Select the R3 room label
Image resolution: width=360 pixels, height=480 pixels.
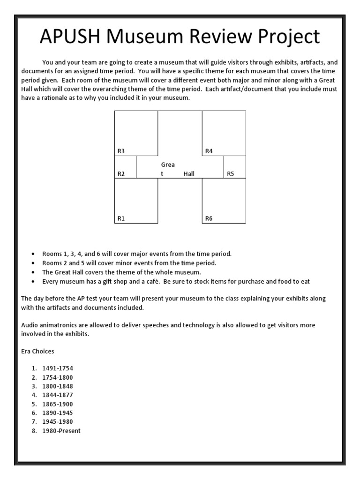[121, 151]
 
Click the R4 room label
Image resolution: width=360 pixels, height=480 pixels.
[209, 151]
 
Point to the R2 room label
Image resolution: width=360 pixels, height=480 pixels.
[121, 174]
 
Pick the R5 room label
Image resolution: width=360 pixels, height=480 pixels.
[230, 174]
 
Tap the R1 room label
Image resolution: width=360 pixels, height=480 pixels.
[121, 218]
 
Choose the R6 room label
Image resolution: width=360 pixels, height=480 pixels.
[209, 218]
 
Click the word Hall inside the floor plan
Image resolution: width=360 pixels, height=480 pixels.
[189, 174]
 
